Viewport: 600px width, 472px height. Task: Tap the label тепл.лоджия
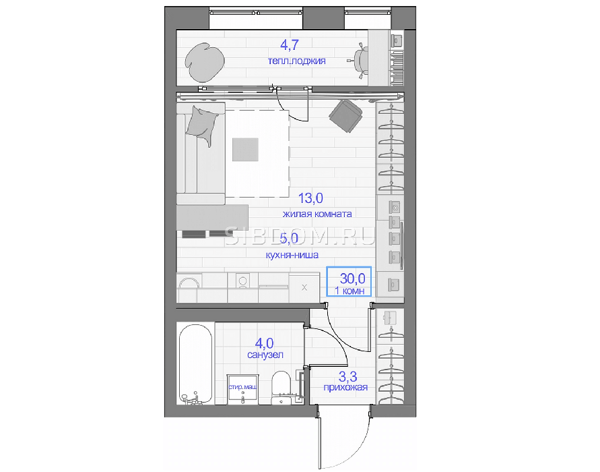(x=296, y=61)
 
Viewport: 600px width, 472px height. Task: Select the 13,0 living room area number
(x=310, y=198)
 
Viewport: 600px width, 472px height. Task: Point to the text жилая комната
(x=317, y=214)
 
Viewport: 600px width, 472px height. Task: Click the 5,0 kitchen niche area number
(x=289, y=239)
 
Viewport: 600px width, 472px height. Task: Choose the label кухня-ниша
(x=292, y=255)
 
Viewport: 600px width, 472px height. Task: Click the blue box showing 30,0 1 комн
(x=349, y=281)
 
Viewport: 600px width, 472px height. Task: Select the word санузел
(x=265, y=355)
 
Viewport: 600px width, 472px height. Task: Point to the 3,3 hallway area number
(x=348, y=377)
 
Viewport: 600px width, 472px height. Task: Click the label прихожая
(x=345, y=387)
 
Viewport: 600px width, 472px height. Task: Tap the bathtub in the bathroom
(x=195, y=364)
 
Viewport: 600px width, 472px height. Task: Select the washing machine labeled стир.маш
(x=243, y=389)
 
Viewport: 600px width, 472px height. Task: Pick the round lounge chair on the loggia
(x=205, y=62)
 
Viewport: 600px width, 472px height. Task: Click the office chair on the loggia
(x=360, y=61)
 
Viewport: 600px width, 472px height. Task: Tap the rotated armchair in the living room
(x=345, y=116)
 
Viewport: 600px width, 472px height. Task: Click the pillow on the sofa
(x=202, y=125)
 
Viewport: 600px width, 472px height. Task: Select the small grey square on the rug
(x=245, y=150)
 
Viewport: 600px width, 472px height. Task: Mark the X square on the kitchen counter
(x=304, y=287)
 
